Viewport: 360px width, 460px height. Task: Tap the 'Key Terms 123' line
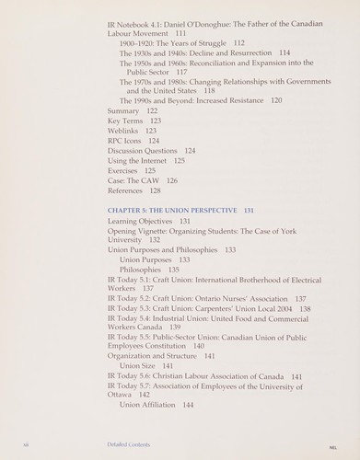(134, 121)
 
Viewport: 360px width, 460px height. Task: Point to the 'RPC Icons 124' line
(133, 141)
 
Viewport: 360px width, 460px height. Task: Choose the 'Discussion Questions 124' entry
(151, 151)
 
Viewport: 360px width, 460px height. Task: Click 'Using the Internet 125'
(145, 161)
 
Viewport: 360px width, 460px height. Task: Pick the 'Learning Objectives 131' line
(148, 222)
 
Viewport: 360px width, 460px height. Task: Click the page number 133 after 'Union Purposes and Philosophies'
(229, 249)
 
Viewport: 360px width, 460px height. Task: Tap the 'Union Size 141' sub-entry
(145, 365)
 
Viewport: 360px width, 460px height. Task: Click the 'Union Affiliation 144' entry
(157, 405)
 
